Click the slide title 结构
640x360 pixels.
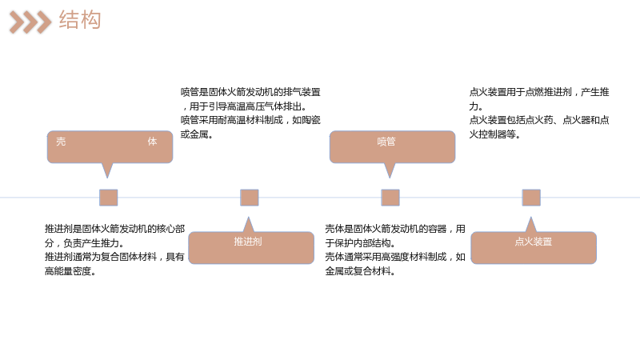[80, 20]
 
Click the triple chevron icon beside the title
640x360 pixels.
[30, 22]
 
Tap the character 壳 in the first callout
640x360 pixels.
[61, 142]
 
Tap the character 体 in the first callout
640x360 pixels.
[152, 142]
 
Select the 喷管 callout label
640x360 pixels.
[386, 142]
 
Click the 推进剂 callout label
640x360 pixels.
[248, 242]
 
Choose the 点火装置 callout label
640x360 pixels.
[534, 242]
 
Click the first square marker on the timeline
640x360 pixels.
[109, 198]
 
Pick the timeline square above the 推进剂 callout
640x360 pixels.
[250, 198]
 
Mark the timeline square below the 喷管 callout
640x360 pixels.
[390, 198]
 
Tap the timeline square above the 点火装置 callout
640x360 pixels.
[531, 198]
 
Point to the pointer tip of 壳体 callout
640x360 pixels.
[107, 178]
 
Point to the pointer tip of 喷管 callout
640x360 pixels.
[390, 178]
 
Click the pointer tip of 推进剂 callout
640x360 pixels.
[248, 217]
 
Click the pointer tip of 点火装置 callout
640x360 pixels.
[531, 217]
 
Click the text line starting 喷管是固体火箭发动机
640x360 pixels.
[250, 92]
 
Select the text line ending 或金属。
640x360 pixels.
[197, 134]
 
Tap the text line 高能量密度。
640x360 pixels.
[70, 271]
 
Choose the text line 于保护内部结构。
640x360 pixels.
[360, 243]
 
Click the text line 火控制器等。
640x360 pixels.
[494, 134]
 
